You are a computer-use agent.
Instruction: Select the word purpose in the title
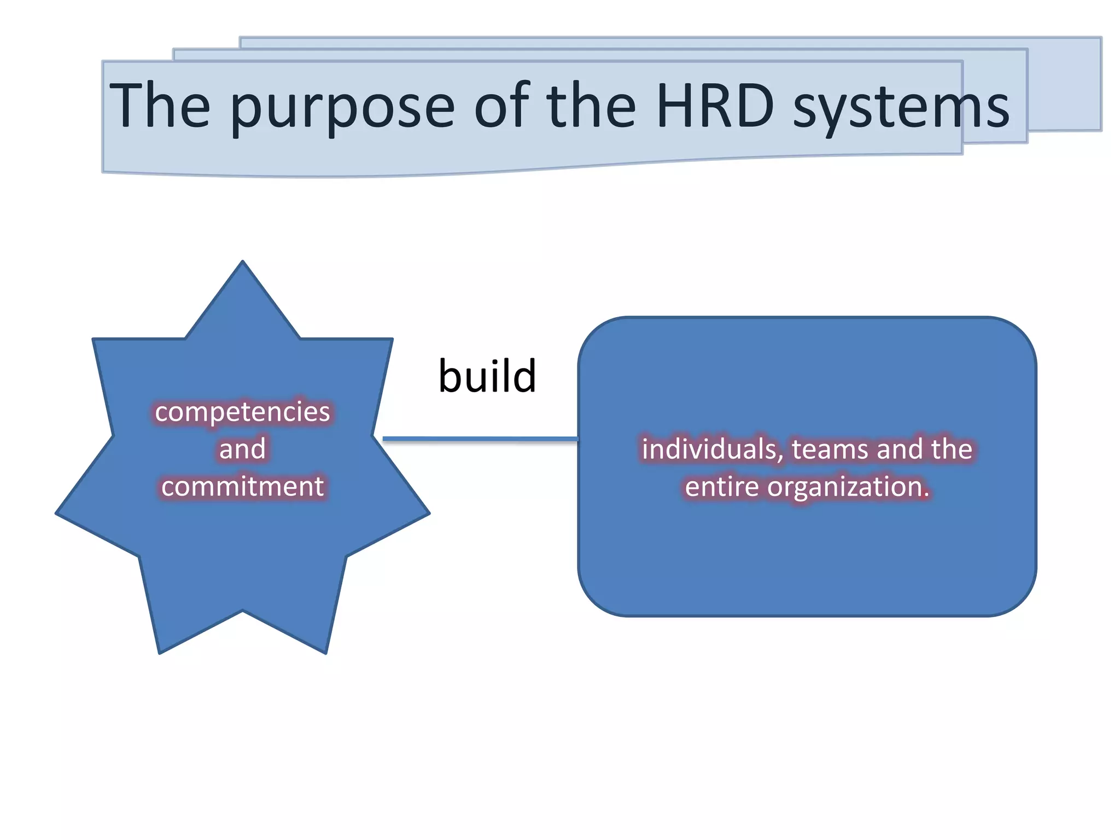[x=342, y=107]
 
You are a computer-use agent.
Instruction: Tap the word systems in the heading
[x=900, y=108]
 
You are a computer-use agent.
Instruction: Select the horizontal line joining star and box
[x=480, y=439]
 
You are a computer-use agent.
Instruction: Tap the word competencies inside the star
[x=242, y=412]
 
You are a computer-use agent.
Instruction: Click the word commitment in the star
[x=242, y=486]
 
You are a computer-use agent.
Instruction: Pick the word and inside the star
[x=242, y=449]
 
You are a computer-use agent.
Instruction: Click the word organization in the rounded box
[x=843, y=487]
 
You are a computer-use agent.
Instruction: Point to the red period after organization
[x=926, y=495]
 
